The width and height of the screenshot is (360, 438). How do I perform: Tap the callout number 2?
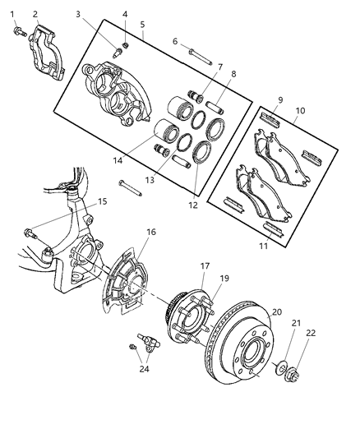35,13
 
